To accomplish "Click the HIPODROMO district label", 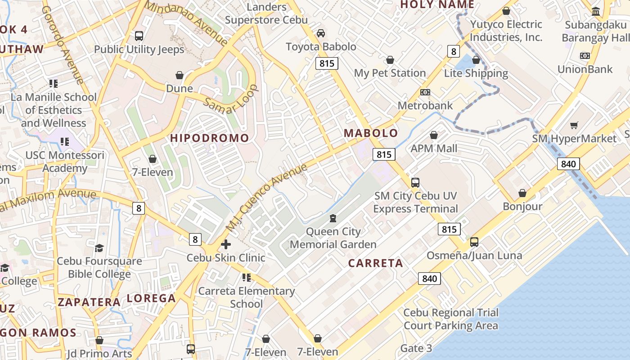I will click(209, 138).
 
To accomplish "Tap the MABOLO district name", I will click(371, 133).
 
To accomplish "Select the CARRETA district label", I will click(376, 263).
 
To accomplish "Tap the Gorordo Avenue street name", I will click(63, 45).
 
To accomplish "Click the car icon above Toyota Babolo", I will click(321, 33).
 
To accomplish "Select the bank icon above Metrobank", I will click(425, 92).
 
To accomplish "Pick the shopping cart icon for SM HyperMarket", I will click(574, 126).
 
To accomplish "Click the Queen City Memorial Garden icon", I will click(333, 218).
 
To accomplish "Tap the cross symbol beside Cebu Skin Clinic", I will click(226, 244).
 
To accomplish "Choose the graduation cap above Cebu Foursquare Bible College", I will click(99, 248).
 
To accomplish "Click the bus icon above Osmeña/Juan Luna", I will click(474, 242).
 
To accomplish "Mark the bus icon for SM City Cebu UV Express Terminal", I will click(415, 183).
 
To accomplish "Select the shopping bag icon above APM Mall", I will click(434, 135).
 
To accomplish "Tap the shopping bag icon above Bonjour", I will click(522, 193).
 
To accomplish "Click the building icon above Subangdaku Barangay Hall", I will click(596, 11).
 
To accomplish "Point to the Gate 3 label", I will click(416, 348).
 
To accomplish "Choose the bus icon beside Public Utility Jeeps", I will click(139, 36).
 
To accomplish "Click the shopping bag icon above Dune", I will click(180, 75).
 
